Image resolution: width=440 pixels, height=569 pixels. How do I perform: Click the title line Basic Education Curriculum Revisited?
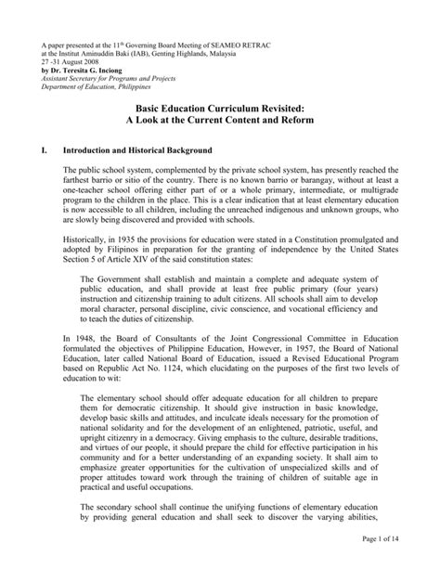point(220,110)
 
